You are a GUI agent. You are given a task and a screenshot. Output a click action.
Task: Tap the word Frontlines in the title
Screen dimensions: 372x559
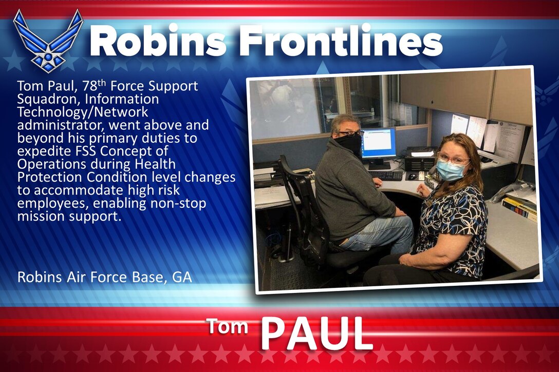pyautogui.click(x=342, y=42)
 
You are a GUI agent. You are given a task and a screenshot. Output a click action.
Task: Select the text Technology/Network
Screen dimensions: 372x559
pyautogui.click(x=82, y=112)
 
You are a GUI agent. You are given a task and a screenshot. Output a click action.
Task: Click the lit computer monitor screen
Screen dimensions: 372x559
pyautogui.click(x=379, y=143)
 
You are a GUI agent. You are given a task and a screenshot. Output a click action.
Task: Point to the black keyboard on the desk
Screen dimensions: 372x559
pyautogui.click(x=385, y=175)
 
